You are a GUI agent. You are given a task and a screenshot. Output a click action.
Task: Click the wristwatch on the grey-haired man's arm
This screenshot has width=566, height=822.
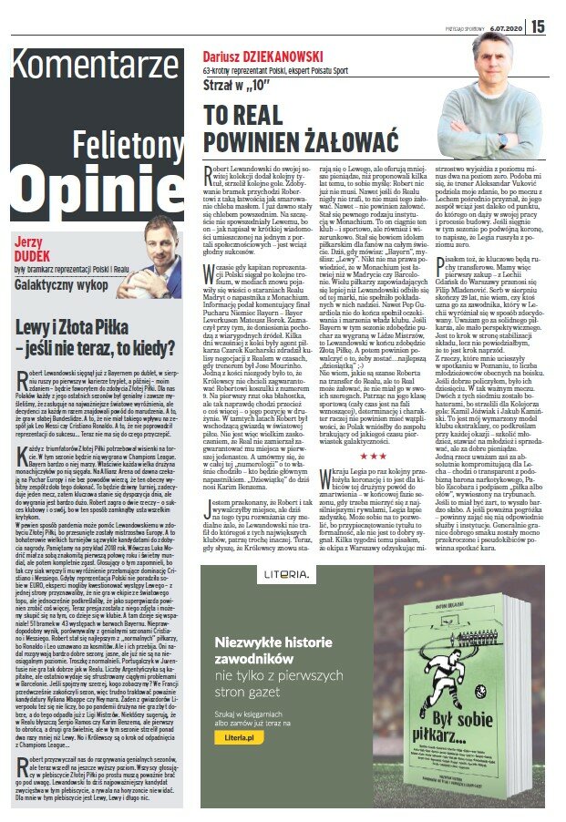point(501,140)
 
